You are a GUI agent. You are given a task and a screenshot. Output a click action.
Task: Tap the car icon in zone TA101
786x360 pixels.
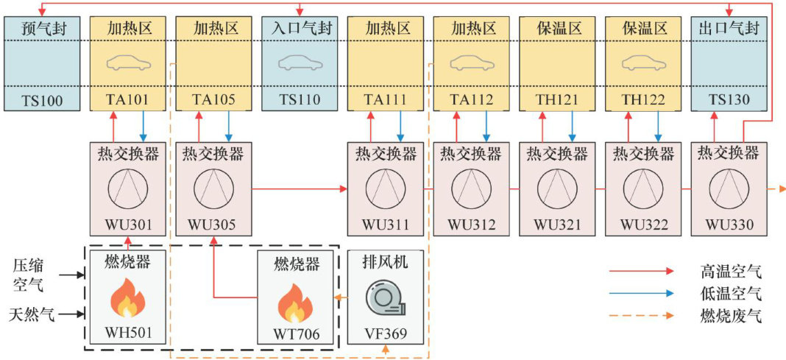(x=129, y=63)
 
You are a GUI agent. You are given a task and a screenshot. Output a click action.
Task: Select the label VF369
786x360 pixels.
(x=386, y=333)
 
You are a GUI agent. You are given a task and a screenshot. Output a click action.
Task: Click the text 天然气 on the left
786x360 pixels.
(x=32, y=316)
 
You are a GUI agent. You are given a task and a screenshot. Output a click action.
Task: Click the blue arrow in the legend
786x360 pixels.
(x=641, y=294)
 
